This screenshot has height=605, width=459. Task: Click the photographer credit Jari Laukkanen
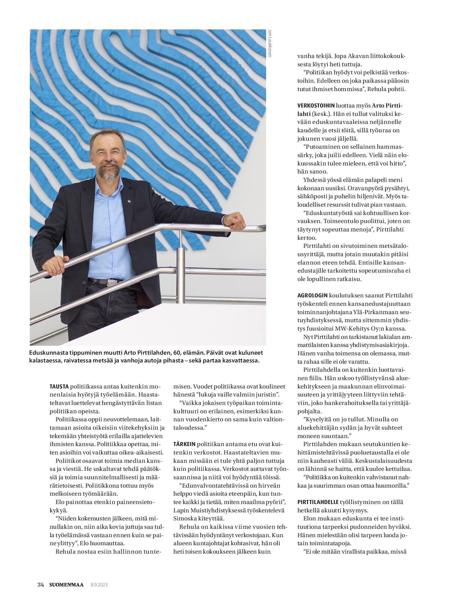[x=269, y=43]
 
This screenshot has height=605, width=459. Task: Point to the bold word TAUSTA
[x=59, y=387]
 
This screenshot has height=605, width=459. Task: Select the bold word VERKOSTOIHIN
[x=315, y=106]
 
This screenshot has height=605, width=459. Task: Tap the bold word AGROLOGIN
[x=312, y=296]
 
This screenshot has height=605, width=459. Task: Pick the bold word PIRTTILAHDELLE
[x=318, y=502]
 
